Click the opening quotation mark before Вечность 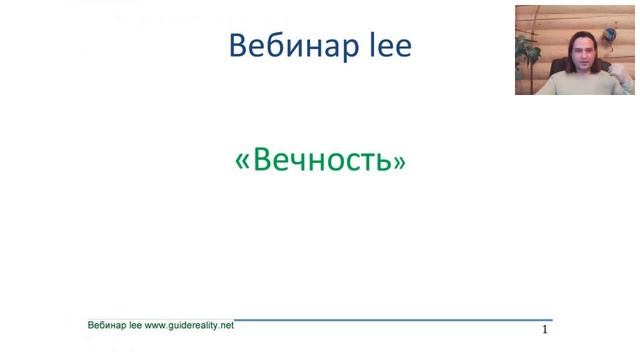[x=241, y=162]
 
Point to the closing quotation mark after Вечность [x=400, y=162]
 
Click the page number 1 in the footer [x=545, y=329]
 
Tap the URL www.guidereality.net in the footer [x=189, y=325]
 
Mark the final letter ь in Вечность [x=383, y=161]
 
